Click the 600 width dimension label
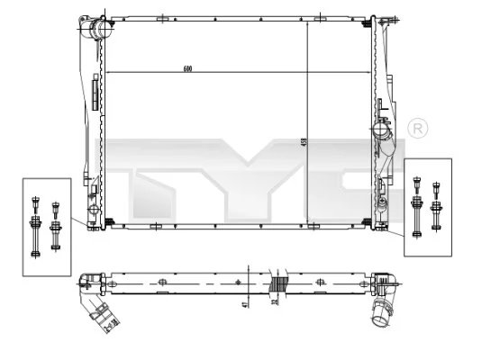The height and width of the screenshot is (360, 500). point(187,68)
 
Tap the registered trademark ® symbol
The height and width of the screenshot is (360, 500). point(417,128)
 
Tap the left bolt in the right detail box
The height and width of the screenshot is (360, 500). point(417,203)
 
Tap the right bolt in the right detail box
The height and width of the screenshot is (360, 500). point(437,202)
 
